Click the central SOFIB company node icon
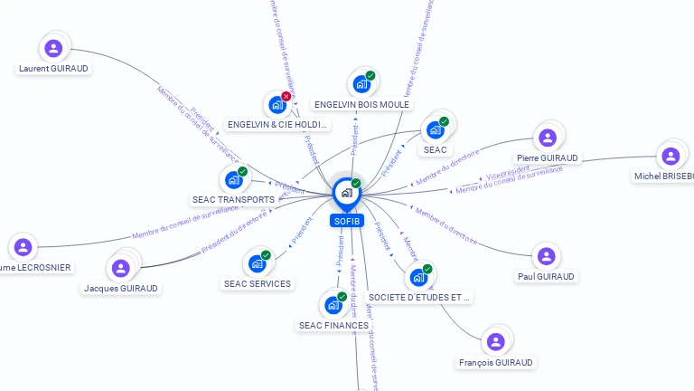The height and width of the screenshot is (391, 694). [x=345, y=193]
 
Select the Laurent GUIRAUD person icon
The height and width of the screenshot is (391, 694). [x=53, y=48]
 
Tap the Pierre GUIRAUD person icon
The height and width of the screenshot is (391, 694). [x=547, y=138]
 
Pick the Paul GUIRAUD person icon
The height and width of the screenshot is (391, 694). [x=546, y=256]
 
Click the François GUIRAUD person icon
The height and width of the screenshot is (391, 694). [x=495, y=342]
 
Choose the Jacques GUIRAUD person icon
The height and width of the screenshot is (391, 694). [x=120, y=268]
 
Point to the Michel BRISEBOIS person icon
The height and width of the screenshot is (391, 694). [x=671, y=156]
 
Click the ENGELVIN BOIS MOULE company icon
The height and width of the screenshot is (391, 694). [x=361, y=84]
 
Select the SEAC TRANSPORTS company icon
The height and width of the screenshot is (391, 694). [x=234, y=180]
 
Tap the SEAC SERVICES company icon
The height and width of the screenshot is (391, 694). [x=258, y=264]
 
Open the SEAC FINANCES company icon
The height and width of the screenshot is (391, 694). [x=333, y=305]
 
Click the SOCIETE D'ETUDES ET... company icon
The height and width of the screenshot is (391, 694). [x=418, y=277]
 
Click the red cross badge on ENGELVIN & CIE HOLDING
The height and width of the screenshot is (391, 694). [x=286, y=96]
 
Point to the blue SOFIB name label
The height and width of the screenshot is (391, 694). [x=347, y=221]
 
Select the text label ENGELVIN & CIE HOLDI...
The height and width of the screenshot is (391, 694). [x=278, y=124]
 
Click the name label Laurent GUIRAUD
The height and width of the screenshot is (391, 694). [x=54, y=68]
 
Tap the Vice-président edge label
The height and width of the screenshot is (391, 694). [x=508, y=172]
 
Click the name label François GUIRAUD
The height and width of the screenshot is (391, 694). [x=495, y=362]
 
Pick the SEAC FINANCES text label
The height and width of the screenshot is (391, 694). [x=333, y=325]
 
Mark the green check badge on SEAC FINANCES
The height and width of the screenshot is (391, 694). [x=342, y=296]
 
